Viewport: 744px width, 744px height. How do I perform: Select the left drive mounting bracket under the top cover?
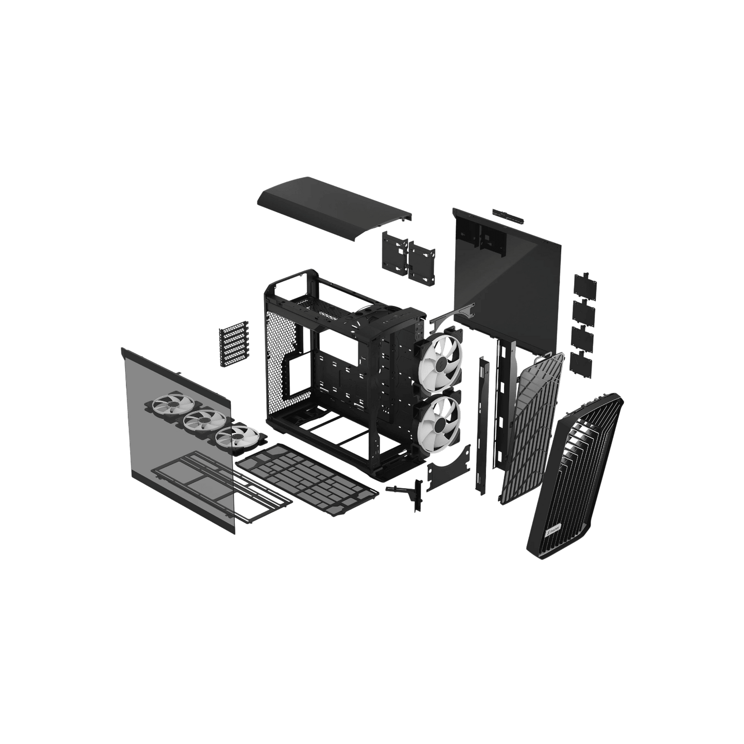394,252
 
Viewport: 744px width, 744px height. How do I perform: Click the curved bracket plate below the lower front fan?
448,466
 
